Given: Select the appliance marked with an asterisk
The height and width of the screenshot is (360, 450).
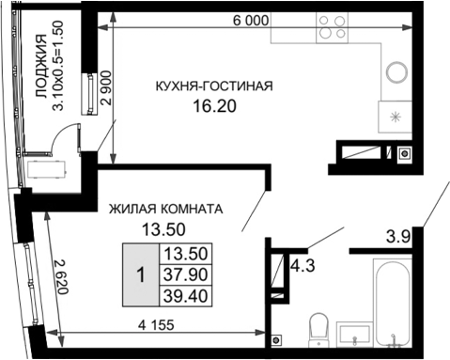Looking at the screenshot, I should pos(396,117).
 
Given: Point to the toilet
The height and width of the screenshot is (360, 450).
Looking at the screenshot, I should pos(317,330).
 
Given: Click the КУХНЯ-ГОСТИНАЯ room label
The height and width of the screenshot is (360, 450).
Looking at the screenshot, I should pos(214,86).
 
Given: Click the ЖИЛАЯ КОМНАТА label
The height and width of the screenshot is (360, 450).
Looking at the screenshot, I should pos(165,209).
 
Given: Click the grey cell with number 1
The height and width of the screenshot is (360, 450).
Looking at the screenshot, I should pos(140,274).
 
